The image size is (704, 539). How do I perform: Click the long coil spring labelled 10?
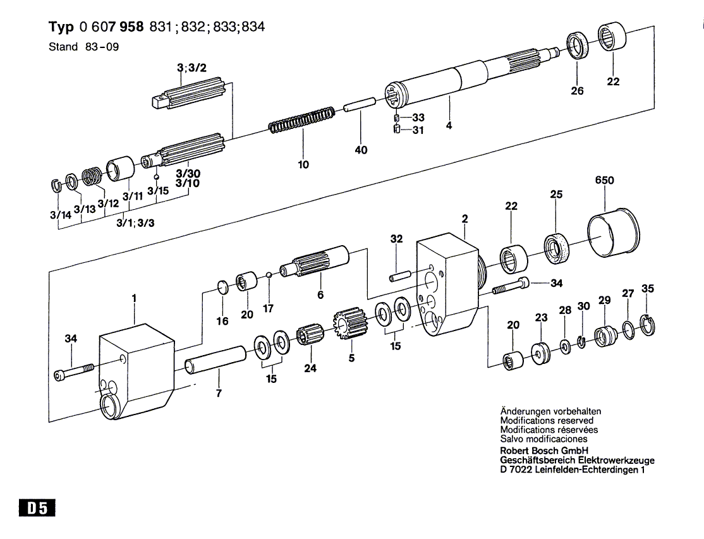pyautogui.click(x=301, y=120)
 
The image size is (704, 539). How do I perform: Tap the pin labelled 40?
pyautogui.click(x=359, y=104)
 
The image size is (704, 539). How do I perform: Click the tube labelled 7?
pyautogui.click(x=215, y=359)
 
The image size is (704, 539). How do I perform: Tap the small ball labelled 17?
pyautogui.click(x=269, y=275)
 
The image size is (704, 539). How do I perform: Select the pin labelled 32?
pyautogui.click(x=401, y=275)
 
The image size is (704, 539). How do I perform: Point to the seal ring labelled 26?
pyautogui.click(x=576, y=45)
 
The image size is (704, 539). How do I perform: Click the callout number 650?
pyautogui.click(x=604, y=180)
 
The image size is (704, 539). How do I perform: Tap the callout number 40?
pyautogui.click(x=361, y=150)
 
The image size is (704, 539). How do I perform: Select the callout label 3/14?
pyautogui.click(x=61, y=215)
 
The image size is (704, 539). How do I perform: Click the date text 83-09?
pyautogui.click(x=102, y=47)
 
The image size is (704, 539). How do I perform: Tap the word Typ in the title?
pyautogui.click(x=61, y=27)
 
